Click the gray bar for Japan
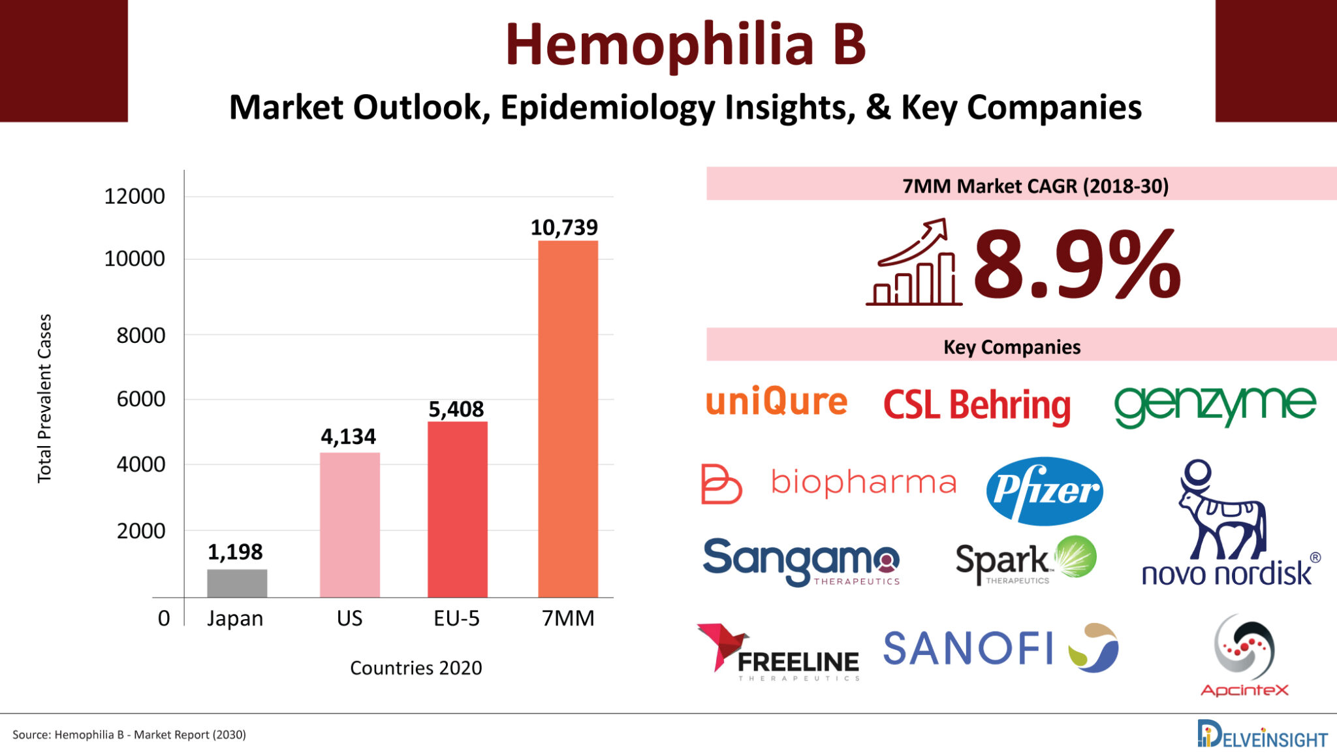tap(237, 583)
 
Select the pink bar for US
tap(350, 524)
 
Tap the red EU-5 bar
tap(458, 509)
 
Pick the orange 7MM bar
tap(568, 419)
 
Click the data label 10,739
tap(564, 227)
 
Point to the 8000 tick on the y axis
tap(141, 335)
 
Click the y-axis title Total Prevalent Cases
tap(44, 398)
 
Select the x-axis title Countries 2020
tap(416, 667)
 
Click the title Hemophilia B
tap(685, 44)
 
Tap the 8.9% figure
tap(1077, 265)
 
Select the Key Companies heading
tap(1012, 347)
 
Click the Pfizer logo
tap(1045, 491)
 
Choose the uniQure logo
tap(776, 401)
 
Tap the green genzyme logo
tap(1215, 405)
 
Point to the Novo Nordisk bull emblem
tap(1221, 509)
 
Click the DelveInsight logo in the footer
tap(1262, 735)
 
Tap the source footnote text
tap(129, 735)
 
